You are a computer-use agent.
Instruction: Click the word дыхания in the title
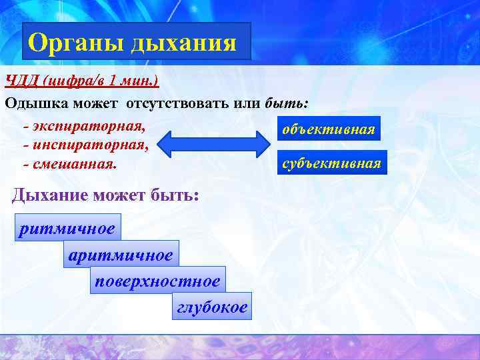coord(183,43)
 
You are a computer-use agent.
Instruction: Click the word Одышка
coord(36,103)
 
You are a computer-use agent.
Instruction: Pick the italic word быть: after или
coord(287,103)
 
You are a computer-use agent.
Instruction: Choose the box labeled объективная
coord(329,129)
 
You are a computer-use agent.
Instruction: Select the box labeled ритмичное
coord(68,229)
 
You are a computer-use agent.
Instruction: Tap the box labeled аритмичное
coord(121,255)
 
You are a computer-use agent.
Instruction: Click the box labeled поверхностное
coord(157,280)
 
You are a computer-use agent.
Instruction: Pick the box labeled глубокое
coord(211,307)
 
